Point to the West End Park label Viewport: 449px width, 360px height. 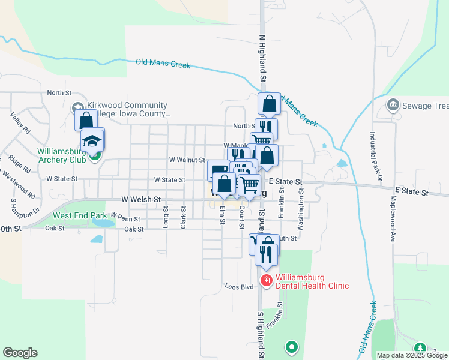pos(80,215)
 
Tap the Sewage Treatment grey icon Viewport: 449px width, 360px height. pos(394,106)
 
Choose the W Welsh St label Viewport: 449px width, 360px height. pos(142,199)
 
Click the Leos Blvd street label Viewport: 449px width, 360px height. pos(239,287)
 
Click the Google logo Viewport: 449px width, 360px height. pos(20,352)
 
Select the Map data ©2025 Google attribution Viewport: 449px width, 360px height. pos(411,355)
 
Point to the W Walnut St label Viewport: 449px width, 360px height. pos(187,160)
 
